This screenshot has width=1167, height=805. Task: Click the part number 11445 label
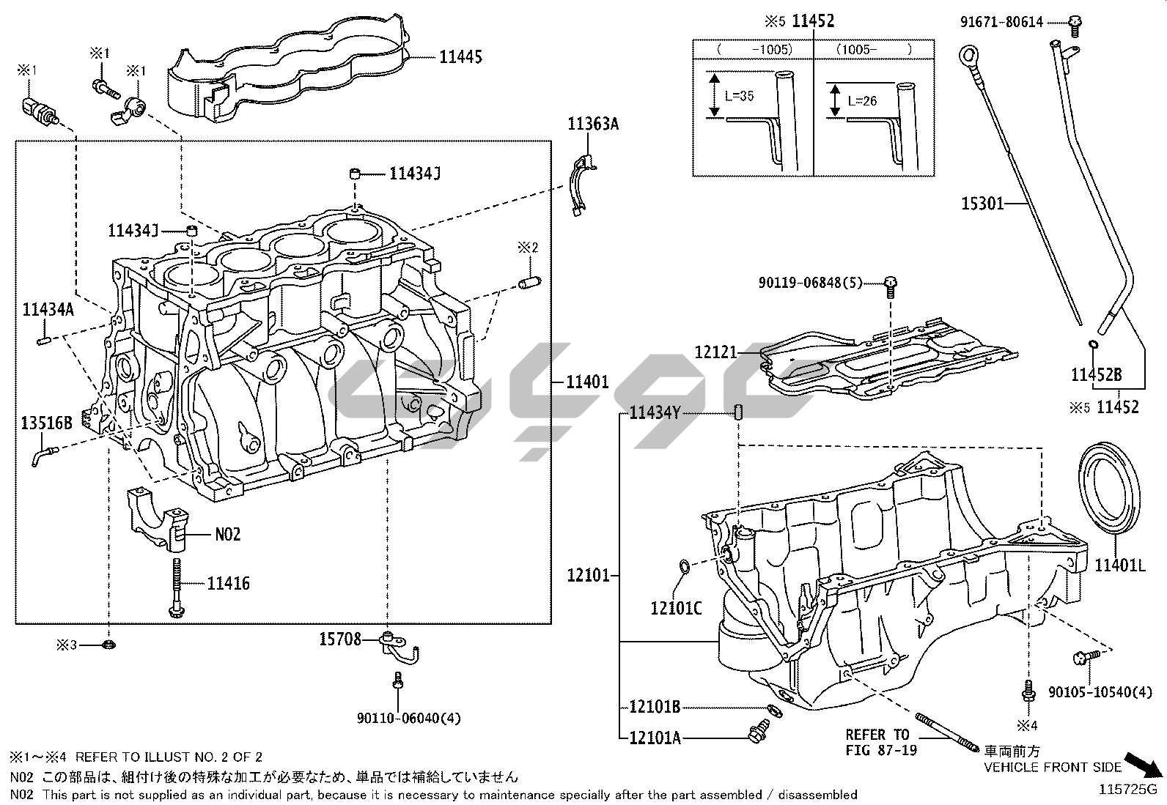tap(460, 56)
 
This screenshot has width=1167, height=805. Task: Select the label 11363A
tap(592, 124)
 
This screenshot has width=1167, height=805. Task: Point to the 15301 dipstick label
tap(982, 203)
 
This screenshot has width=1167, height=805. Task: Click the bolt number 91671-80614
tap(1001, 23)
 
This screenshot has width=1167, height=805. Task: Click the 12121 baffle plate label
tap(715, 353)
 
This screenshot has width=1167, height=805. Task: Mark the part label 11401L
tap(1119, 565)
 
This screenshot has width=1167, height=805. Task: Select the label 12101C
tap(676, 607)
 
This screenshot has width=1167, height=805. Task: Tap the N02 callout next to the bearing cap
tap(227, 534)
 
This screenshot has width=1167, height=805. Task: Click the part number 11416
tap(228, 584)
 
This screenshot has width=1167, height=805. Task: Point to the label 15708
tap(340, 639)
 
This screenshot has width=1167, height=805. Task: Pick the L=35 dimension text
tap(738, 96)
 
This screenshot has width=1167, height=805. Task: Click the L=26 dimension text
tap(862, 100)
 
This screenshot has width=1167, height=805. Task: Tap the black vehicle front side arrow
tap(1145, 765)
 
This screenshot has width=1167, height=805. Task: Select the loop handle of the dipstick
tap(968, 56)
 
